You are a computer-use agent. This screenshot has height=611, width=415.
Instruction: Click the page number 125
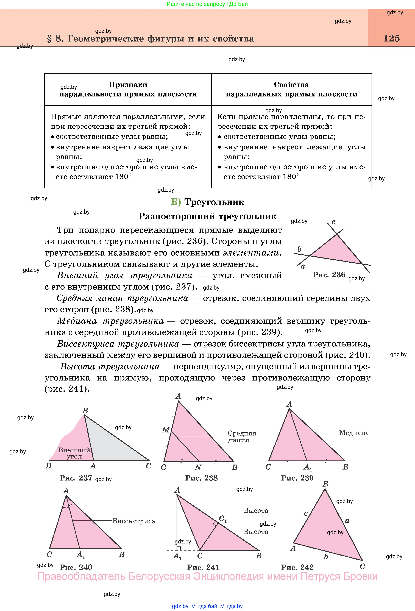pyautogui.click(x=391, y=38)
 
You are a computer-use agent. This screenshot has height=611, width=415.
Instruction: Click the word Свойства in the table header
pyautogui.click(x=291, y=85)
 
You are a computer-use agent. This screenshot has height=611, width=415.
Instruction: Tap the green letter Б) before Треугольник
pyautogui.click(x=176, y=202)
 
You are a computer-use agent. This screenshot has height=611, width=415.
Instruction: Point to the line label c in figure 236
pyautogui.click(x=333, y=222)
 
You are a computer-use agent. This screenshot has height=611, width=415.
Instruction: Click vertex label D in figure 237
pyautogui.click(x=49, y=466)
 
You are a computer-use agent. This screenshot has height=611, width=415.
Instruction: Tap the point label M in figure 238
pyautogui.click(x=166, y=430)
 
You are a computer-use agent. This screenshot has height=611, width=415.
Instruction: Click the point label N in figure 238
pyautogui.click(x=198, y=467)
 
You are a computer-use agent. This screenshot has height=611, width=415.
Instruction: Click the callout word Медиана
pyautogui.click(x=354, y=433)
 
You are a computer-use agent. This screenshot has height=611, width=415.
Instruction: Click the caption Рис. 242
pyautogui.click(x=297, y=567)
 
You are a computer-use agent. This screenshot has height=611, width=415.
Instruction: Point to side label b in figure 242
pyautogui.click(x=326, y=556)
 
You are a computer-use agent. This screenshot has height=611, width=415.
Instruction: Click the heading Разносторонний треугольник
pyautogui.click(x=207, y=216)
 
